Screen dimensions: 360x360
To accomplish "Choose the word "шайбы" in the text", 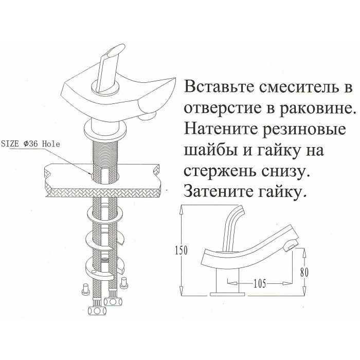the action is (x=207, y=151).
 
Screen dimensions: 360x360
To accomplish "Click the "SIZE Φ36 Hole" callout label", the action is (x=30, y=144).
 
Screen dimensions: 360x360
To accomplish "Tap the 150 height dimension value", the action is (x=181, y=250).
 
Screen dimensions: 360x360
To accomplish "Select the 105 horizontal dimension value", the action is (x=260, y=284).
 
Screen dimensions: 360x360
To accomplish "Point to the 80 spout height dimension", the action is (x=304, y=273).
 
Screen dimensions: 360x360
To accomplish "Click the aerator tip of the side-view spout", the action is (x=291, y=246).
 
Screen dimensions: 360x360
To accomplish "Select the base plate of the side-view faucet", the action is (x=227, y=294).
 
